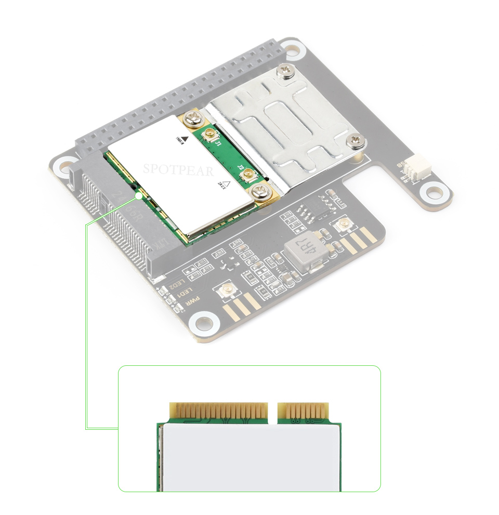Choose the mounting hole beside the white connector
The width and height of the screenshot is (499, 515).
pos(431,192)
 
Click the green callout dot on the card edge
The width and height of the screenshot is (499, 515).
pos(138,196)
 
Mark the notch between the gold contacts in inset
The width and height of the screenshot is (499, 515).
pos(273,413)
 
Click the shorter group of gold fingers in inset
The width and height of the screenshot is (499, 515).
pos(304,411)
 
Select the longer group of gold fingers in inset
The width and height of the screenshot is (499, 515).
pos(219,410)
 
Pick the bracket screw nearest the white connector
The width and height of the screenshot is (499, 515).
pos(354,139)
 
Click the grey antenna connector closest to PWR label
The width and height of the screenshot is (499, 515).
pos(227,290)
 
